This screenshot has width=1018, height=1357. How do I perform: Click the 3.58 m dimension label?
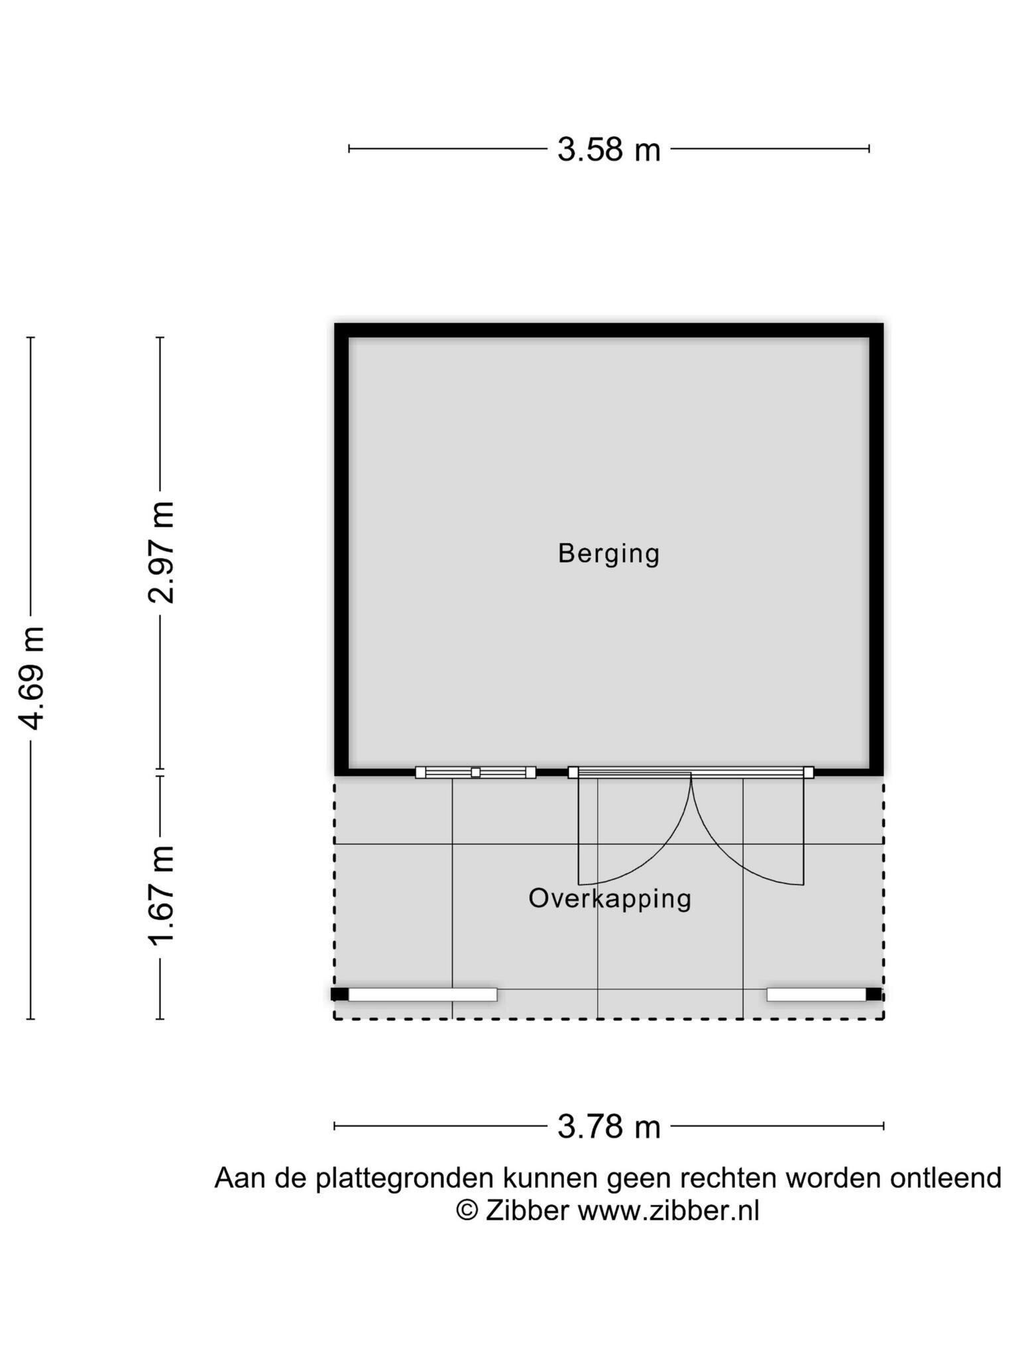point(608,150)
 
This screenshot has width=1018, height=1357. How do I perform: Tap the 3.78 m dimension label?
point(608,1126)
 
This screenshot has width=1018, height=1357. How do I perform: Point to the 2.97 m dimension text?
point(161,553)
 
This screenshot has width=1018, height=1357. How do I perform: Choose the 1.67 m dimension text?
point(161,896)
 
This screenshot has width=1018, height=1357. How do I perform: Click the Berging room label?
point(608,554)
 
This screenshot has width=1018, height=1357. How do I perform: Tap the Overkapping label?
point(610,899)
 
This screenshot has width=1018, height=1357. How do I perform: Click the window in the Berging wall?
point(475,772)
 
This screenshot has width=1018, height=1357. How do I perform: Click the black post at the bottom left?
point(339,994)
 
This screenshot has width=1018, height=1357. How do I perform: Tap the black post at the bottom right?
point(874,994)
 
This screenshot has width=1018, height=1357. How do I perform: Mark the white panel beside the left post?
point(423,995)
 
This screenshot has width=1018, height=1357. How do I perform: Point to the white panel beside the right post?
point(817,995)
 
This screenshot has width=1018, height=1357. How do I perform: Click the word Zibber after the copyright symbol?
point(528,1211)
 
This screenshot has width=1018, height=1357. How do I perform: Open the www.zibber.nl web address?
point(669,1211)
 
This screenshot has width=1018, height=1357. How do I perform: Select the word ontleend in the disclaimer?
point(946,1178)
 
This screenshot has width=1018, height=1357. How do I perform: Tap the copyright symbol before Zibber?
point(467,1211)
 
